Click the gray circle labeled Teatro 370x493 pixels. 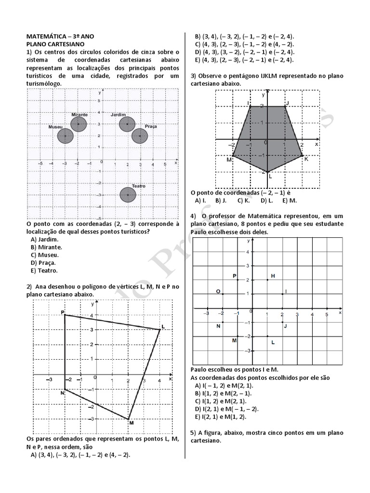click(x=128, y=195)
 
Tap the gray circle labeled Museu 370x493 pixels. click(x=65, y=136)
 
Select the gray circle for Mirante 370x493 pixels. click(x=78, y=124)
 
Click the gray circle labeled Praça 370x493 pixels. click(x=140, y=136)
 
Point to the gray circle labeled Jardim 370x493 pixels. click(x=127, y=124)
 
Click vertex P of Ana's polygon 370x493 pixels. click(x=65, y=315)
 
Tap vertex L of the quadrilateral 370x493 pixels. click(x=159, y=329)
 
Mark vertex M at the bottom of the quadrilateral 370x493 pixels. click(x=128, y=419)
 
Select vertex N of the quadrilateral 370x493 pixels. click(x=65, y=389)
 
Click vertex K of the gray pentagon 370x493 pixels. click(x=302, y=156)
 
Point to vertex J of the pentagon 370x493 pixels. click(x=285, y=106)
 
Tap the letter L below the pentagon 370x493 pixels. click(x=270, y=177)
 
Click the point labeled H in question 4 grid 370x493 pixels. click(x=267, y=280)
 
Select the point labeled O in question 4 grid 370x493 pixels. click(x=223, y=294)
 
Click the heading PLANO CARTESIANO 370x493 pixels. click(x=55, y=44)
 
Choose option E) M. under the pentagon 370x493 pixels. click(x=290, y=200)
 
